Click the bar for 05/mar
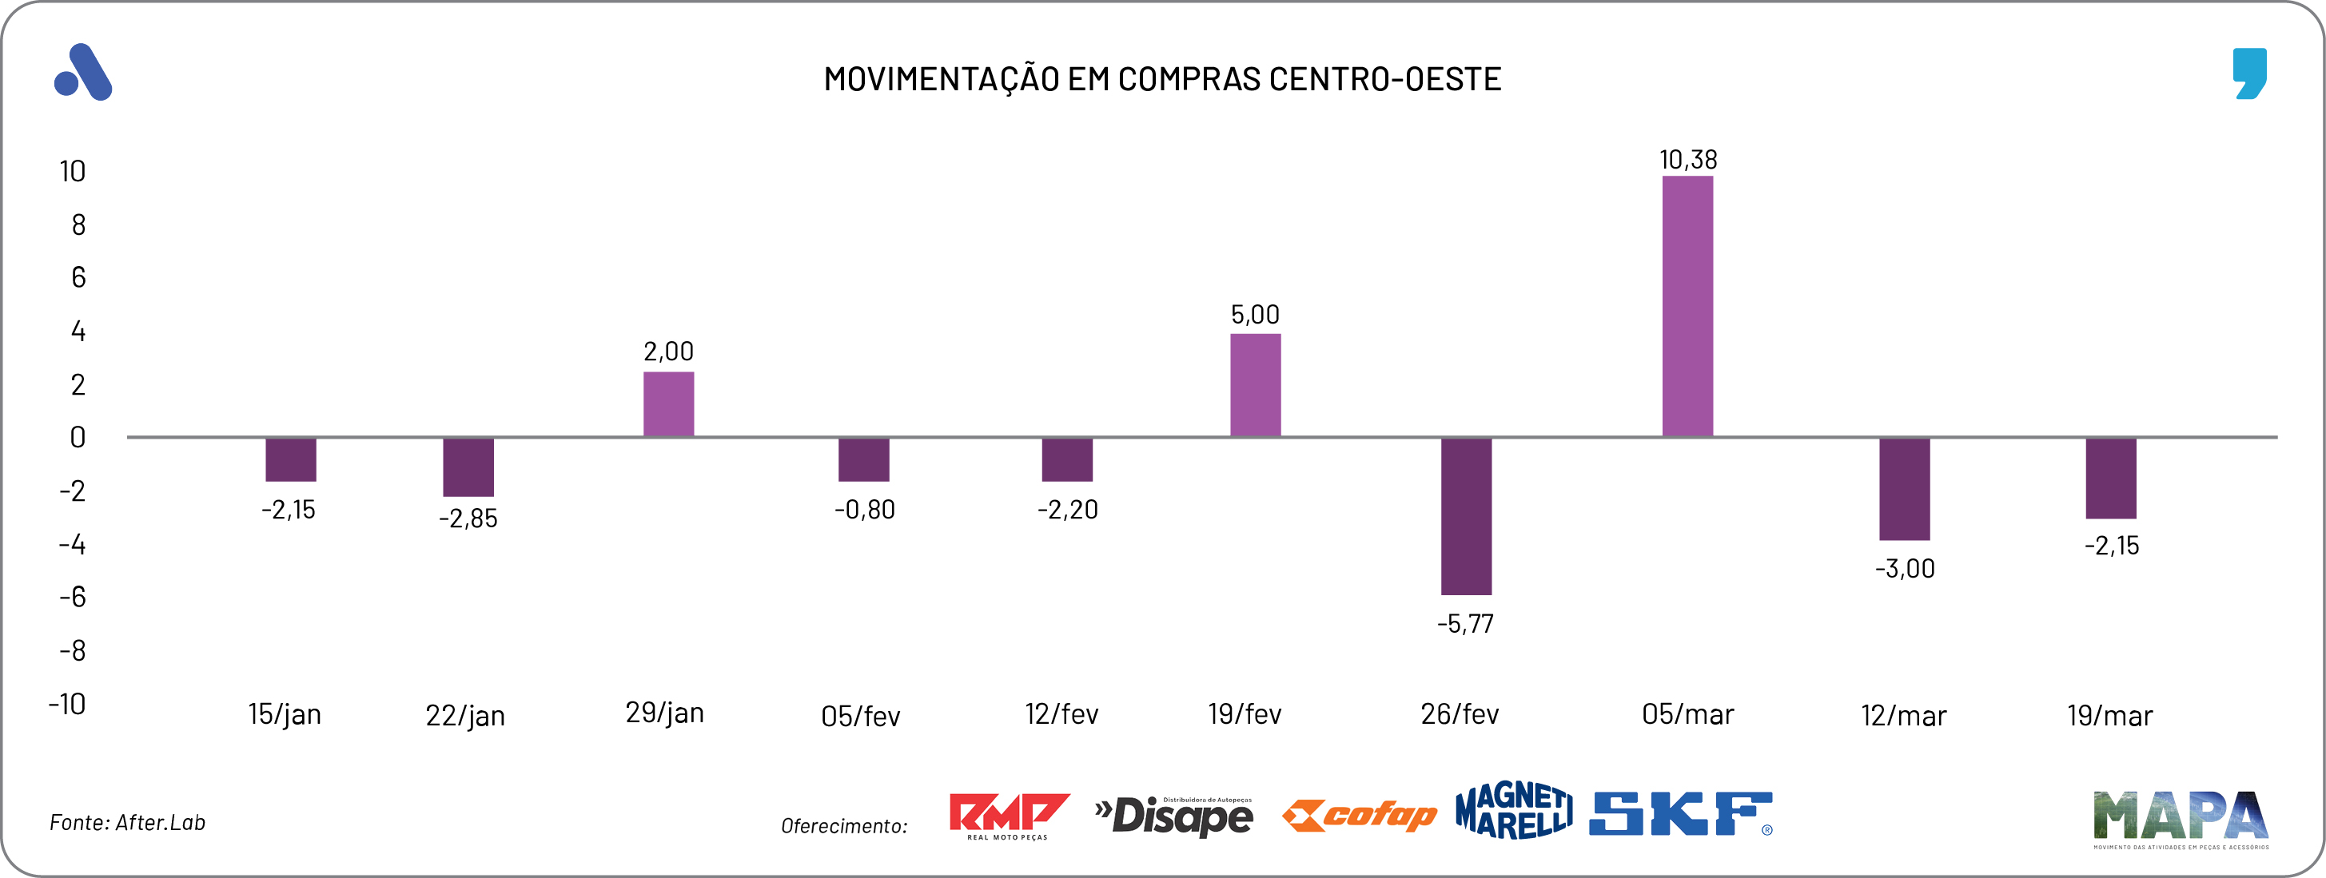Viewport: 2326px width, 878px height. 1687,307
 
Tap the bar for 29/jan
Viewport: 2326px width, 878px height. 668,404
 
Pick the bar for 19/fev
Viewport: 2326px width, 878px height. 1255,385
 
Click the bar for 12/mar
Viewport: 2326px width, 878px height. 1904,489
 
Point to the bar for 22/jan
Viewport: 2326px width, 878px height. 468,467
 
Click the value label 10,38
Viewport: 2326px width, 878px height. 1687,160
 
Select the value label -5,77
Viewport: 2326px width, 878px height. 1464,623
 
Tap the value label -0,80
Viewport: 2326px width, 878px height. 864,510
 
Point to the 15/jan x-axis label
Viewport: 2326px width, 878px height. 285,715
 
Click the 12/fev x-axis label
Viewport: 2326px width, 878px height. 1061,715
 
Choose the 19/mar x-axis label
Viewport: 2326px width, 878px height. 2109,717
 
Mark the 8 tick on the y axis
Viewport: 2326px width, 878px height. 78,224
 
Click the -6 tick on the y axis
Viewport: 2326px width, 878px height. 72,598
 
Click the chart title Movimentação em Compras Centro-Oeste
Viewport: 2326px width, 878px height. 1162,79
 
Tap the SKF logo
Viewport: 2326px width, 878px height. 1680,814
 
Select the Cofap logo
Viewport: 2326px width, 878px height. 1359,816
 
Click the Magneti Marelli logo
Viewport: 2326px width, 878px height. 1513,810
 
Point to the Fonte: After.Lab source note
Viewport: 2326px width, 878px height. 127,822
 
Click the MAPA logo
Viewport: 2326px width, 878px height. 2180,818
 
